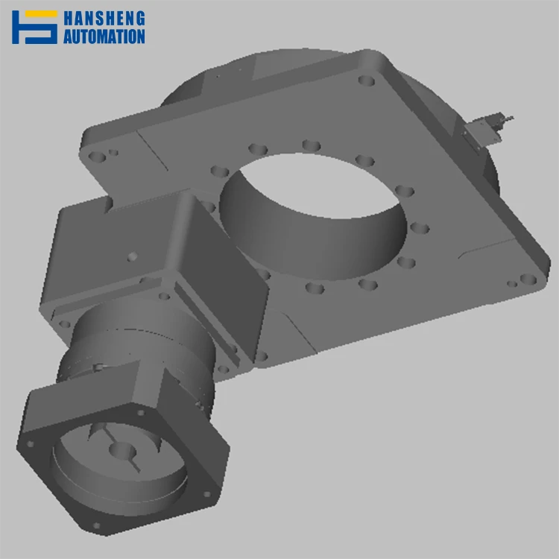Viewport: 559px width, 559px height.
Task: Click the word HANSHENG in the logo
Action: click(104, 18)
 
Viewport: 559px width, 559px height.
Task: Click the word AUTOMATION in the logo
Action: click(104, 37)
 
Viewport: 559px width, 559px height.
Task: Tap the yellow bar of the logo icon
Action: click(41, 14)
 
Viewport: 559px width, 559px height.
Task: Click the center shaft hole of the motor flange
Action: click(122, 451)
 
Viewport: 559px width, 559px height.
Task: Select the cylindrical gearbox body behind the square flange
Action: click(142, 350)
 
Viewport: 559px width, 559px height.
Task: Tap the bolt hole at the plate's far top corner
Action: click(366, 80)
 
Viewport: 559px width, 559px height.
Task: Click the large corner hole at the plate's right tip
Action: click(528, 279)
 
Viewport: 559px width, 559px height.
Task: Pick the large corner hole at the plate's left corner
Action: click(97, 157)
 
